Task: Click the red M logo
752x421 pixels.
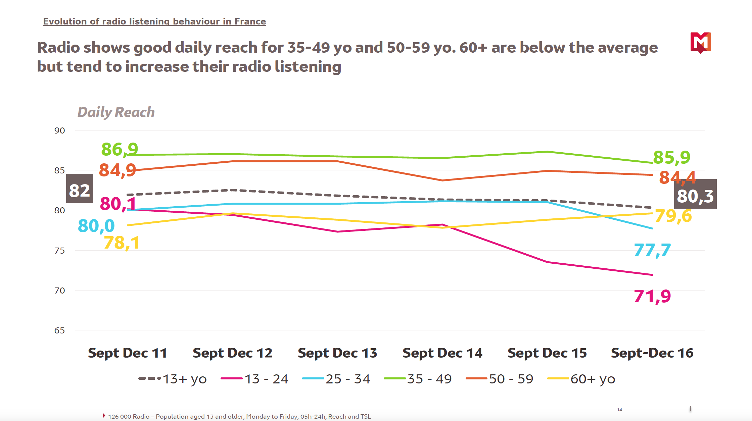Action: pyautogui.click(x=701, y=43)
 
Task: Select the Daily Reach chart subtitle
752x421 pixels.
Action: pyautogui.click(x=116, y=112)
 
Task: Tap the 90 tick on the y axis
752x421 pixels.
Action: pyautogui.click(x=59, y=130)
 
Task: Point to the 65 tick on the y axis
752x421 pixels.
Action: pyautogui.click(x=59, y=330)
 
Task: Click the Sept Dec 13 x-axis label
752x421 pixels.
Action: pyautogui.click(x=337, y=353)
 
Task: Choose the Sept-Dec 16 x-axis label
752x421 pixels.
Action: pyautogui.click(x=652, y=353)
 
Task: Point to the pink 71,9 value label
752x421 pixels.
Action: pyautogui.click(x=652, y=296)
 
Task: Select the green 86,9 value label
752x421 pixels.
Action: pyautogui.click(x=120, y=149)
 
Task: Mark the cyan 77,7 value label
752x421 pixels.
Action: pyautogui.click(x=652, y=250)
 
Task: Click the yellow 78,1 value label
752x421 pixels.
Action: pyautogui.click(x=122, y=243)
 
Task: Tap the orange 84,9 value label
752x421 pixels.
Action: pyautogui.click(x=117, y=170)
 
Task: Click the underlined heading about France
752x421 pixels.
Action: pyautogui.click(x=154, y=21)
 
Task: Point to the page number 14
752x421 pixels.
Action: pyautogui.click(x=619, y=410)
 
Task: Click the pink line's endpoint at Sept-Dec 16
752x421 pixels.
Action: pyautogui.click(x=652, y=275)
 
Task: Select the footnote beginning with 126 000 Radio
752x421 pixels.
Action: pyautogui.click(x=239, y=417)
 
